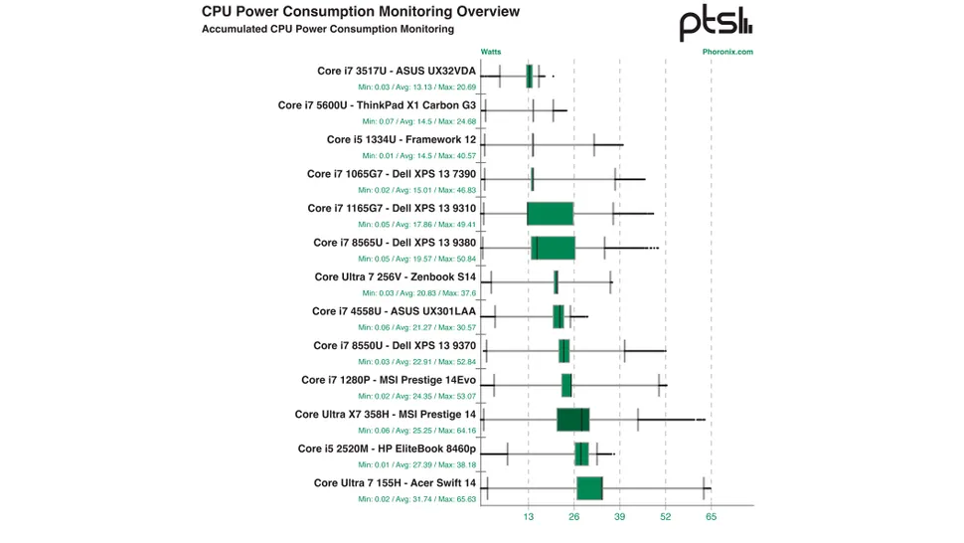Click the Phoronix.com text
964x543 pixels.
727,52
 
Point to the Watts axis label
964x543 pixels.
491,52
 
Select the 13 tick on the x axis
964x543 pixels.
528,517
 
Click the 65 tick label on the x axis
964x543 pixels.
711,517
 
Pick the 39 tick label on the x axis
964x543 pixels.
619,517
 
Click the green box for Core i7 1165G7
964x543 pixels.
550,213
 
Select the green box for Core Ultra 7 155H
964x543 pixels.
589,488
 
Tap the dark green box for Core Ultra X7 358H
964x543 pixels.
572,420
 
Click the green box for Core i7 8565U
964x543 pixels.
553,248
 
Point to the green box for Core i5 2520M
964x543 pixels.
581,453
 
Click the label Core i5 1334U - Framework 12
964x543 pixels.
402,139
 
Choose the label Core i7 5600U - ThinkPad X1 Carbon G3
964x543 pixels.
377,104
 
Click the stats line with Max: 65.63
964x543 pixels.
417,499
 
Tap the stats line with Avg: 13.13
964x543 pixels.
419,87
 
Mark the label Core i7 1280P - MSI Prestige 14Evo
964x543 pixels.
389,380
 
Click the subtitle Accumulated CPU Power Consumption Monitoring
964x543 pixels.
328,30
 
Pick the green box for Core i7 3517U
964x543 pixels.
530,76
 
